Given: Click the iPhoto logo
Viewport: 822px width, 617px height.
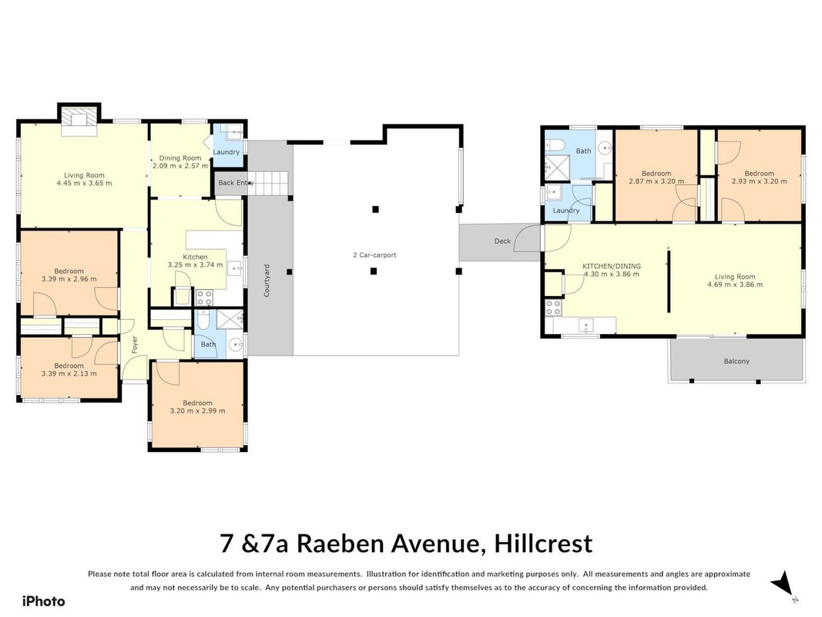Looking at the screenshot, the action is click(x=43, y=602).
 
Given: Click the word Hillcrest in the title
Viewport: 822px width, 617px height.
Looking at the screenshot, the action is click(x=543, y=544).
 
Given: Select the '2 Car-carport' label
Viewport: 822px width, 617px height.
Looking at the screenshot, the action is click(x=374, y=255).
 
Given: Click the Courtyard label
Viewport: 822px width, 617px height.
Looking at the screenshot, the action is click(x=267, y=281).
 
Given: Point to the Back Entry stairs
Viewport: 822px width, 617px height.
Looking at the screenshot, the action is click(x=268, y=183).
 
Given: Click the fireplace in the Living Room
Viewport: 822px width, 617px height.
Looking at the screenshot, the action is click(x=79, y=120).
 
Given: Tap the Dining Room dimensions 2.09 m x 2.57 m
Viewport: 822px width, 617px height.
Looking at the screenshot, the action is click(x=180, y=166).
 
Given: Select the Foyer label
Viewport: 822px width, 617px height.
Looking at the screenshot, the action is click(x=134, y=344).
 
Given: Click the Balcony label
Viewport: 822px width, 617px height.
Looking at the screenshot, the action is click(x=736, y=361).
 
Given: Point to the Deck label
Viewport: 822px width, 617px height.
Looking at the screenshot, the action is click(x=502, y=241).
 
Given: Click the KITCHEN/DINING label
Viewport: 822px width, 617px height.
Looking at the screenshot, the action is click(x=612, y=266).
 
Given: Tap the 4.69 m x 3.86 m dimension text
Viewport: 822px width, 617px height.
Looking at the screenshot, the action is click(x=735, y=285).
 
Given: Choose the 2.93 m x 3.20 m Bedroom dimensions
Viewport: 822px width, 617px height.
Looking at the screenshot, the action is click(x=759, y=181).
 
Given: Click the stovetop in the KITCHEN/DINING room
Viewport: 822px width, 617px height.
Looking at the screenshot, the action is click(x=553, y=308).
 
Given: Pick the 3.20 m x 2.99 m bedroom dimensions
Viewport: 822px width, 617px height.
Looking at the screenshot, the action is click(x=198, y=411).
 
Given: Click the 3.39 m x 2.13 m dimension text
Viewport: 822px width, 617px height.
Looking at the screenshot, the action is click(x=69, y=373).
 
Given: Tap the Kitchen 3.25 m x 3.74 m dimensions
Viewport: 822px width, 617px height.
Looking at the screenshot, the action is click(x=195, y=265).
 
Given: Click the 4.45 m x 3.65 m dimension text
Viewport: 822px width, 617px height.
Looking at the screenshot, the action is click(x=84, y=183).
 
